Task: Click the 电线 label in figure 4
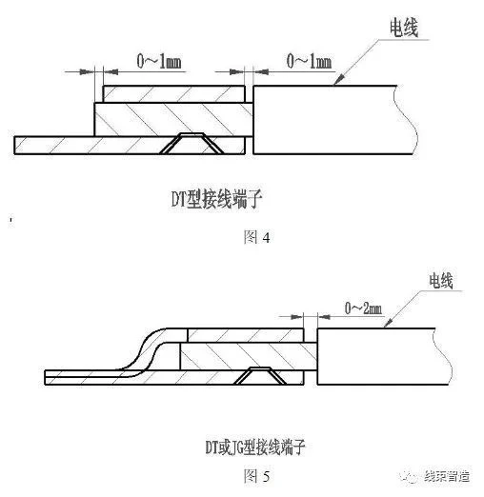click(x=404, y=28)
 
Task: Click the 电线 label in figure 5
click(x=441, y=281)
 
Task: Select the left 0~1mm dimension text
click(x=159, y=61)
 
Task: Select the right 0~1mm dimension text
click(x=309, y=61)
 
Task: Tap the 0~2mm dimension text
click(x=363, y=308)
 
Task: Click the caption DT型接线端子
click(x=216, y=199)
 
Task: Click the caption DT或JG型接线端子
click(x=255, y=447)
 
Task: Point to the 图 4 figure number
click(x=256, y=237)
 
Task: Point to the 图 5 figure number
click(x=256, y=476)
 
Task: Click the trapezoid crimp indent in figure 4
click(x=192, y=144)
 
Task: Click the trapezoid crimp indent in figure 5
click(x=260, y=376)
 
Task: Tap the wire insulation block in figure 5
click(x=384, y=356)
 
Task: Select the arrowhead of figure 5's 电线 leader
click(x=388, y=323)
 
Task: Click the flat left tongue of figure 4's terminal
click(x=54, y=146)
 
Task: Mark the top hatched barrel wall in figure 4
click(x=174, y=94)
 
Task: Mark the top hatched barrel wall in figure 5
click(x=245, y=335)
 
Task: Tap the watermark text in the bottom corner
click(x=447, y=476)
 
